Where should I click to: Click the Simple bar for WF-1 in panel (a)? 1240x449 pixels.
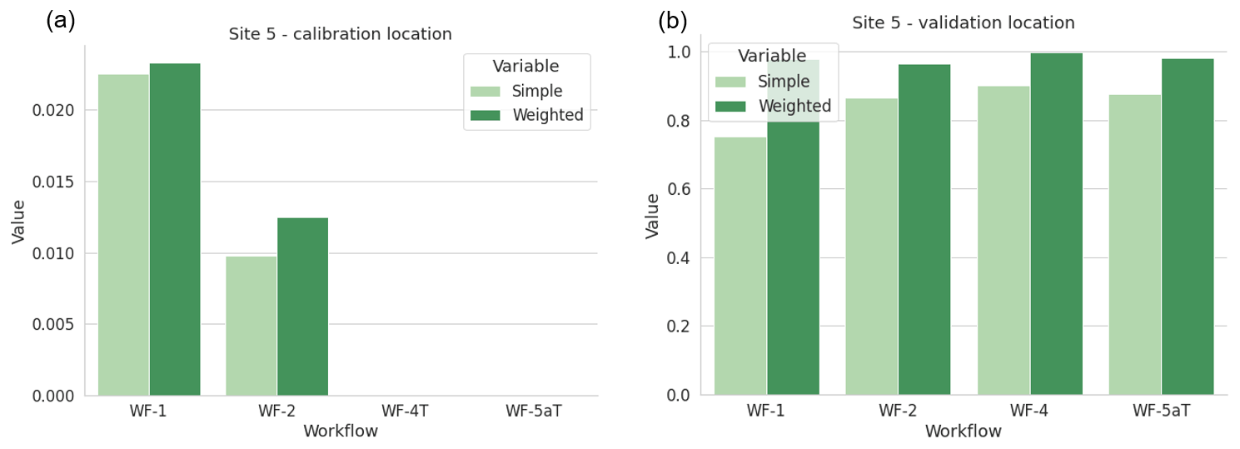pos(123,235)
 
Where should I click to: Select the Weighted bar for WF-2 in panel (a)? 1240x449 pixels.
pos(302,307)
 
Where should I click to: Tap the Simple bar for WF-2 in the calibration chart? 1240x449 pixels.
pos(251,326)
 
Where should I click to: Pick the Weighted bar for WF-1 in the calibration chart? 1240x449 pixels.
pos(175,229)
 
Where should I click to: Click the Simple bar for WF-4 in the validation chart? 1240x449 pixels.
pos(1003,241)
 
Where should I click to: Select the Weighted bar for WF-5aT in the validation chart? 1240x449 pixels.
pos(1188,227)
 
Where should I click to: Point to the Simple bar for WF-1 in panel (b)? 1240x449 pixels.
pos(740,266)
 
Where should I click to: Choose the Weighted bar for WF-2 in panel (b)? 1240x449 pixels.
pos(924,229)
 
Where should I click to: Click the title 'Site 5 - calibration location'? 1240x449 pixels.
pos(340,34)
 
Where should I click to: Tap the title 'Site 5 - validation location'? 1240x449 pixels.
pos(963,22)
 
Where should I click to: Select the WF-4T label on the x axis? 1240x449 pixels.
pos(405,411)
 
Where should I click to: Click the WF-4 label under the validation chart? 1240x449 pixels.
pos(1029,411)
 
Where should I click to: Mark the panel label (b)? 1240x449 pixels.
pos(673,20)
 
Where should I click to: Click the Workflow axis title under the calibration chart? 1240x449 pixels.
pos(340,432)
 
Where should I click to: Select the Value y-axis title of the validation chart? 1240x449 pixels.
pos(653,216)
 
